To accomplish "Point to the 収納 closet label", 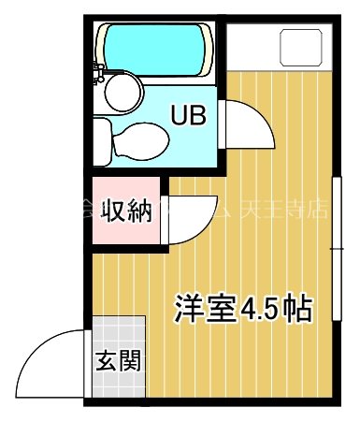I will [126, 211].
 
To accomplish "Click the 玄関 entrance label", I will [119, 359].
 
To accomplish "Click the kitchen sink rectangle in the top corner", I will [300, 46].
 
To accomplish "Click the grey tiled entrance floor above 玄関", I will [119, 329].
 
